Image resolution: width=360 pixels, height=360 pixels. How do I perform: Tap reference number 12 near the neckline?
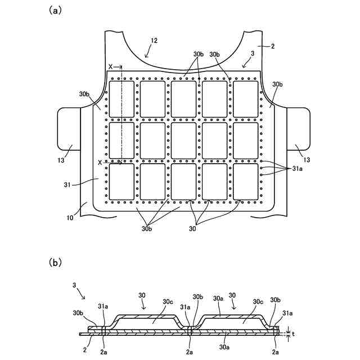[154, 40]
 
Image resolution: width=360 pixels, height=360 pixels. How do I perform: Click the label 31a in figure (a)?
[297, 169]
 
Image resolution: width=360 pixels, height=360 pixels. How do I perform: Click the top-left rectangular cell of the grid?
[121, 98]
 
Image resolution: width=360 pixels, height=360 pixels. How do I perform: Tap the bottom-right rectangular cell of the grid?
[246, 181]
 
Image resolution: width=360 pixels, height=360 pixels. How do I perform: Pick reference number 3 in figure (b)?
[75, 285]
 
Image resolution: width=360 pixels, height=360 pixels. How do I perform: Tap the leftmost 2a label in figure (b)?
[103, 350]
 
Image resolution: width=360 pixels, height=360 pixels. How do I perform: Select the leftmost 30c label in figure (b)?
[168, 301]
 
